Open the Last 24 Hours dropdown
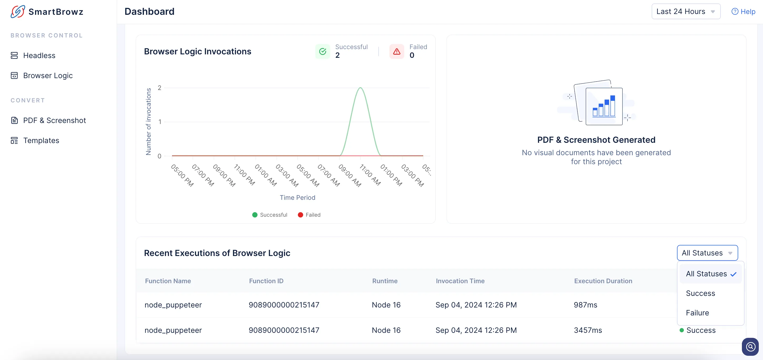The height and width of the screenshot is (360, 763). point(686,12)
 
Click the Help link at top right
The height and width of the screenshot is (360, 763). point(743,12)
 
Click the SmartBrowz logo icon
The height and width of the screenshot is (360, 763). point(18,12)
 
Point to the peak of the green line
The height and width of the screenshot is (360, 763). point(360,88)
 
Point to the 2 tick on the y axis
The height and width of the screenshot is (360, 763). point(160,88)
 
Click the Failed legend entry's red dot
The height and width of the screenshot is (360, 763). point(300,215)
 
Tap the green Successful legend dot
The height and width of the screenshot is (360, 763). point(255,215)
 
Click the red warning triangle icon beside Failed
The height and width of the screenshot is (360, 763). point(397,51)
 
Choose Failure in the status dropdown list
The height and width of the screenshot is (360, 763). point(697,313)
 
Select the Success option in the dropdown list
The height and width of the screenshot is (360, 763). point(700,293)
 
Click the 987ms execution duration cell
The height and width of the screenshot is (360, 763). point(585,305)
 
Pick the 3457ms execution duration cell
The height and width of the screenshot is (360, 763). point(588,330)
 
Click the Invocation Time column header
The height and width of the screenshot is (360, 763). point(460,281)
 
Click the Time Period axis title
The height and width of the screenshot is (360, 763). point(297,198)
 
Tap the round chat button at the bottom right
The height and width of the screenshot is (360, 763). point(750,346)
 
